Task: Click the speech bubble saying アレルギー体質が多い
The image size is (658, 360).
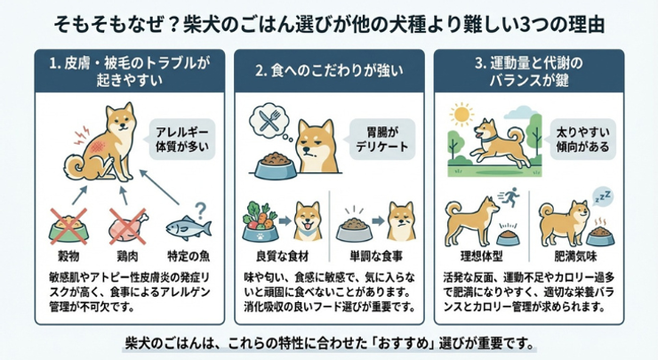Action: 182,140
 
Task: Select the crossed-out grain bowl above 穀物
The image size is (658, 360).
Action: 68,227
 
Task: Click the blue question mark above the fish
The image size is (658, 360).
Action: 201,210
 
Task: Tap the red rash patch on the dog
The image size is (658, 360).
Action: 98,147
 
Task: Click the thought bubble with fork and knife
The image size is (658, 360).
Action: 268,120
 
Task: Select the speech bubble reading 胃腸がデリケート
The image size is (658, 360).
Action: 381,140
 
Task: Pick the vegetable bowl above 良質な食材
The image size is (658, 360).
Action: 261,222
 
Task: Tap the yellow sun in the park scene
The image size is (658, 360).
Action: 461,114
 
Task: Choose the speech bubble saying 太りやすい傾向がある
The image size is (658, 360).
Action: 582,140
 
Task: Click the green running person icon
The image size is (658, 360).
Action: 510,196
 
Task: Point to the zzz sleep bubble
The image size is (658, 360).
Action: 603,196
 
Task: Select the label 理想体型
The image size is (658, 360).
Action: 481,256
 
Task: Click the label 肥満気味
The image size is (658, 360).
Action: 575,256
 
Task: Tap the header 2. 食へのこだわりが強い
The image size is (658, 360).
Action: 329,70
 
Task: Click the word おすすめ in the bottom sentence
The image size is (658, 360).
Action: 404,344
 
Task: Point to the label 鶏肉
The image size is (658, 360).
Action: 128,256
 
